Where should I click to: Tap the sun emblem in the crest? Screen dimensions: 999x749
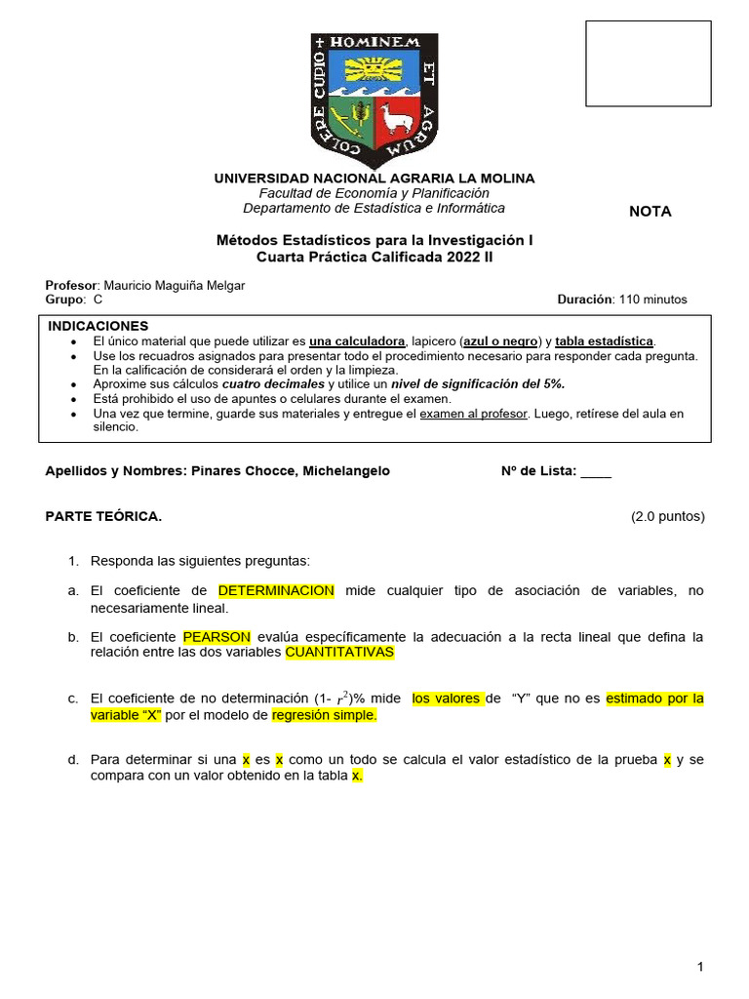pos(374,71)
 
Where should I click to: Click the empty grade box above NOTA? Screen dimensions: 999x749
pos(648,63)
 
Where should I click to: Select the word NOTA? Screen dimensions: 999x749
pos(650,212)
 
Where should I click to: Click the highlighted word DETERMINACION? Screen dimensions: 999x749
pos(276,591)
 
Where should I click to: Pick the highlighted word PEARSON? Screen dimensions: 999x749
pos(217,637)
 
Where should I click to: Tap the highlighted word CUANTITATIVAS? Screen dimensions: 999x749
pos(339,653)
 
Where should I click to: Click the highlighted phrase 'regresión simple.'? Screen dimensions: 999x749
pos(324,715)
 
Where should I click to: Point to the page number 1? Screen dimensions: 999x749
pos(700,967)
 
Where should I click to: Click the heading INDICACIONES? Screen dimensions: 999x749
pos(99,326)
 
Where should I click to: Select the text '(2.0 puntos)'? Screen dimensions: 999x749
pos(667,517)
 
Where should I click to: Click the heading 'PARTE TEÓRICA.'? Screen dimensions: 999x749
pos(104,517)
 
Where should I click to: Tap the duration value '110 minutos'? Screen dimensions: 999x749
pos(652,300)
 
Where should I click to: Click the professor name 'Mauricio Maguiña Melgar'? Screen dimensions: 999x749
pos(175,285)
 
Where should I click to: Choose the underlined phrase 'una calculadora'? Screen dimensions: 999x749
pos(357,341)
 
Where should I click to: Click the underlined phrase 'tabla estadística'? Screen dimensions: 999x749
pos(605,341)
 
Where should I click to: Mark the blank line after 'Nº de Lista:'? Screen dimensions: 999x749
pos(595,471)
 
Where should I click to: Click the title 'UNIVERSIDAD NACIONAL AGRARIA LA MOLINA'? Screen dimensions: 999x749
pos(374,179)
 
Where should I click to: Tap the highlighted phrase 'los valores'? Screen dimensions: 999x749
pos(447,699)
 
